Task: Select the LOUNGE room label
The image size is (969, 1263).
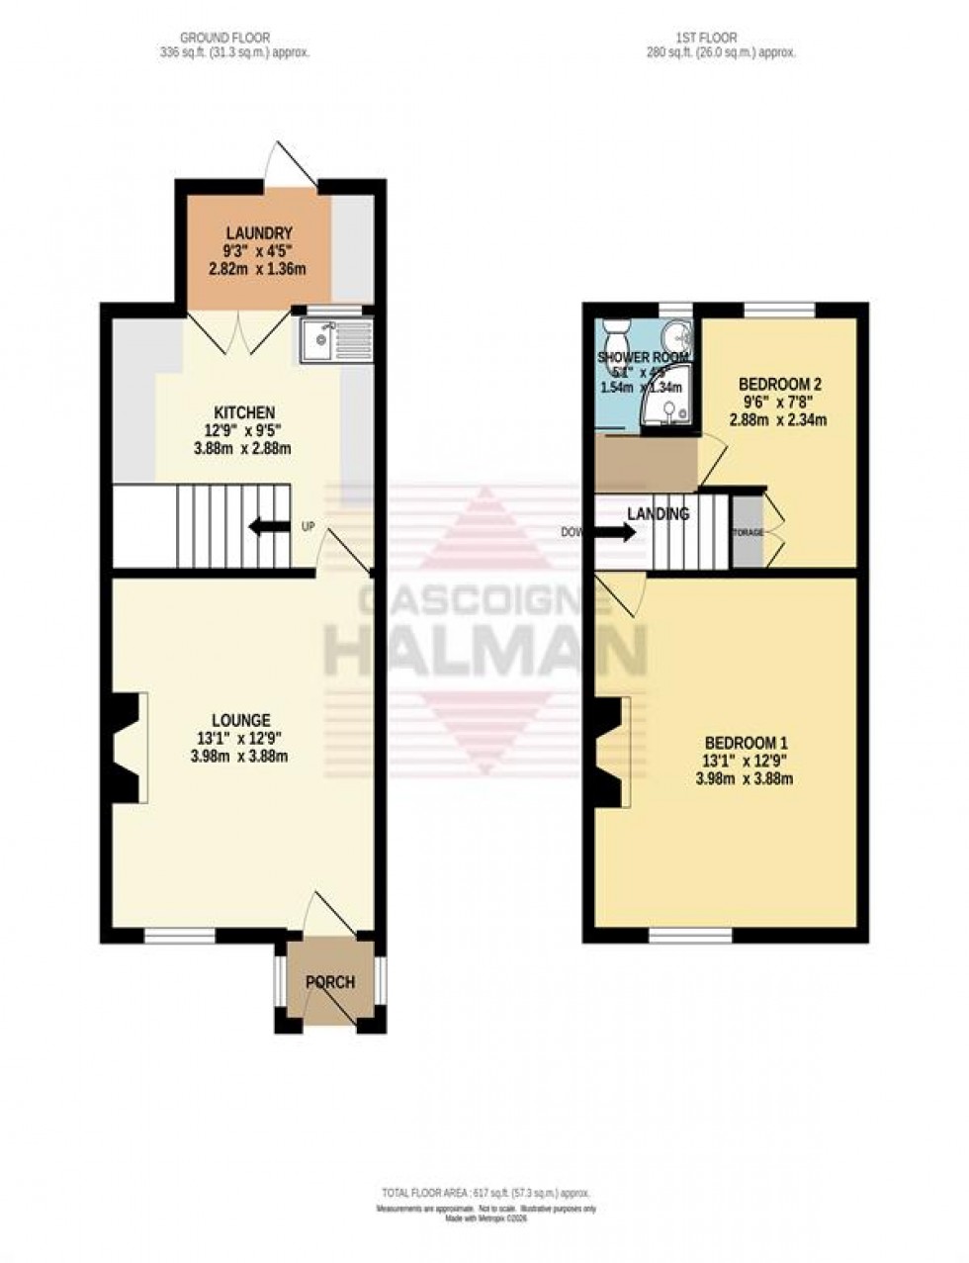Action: [x=240, y=720]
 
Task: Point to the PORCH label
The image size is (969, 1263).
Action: [x=329, y=982]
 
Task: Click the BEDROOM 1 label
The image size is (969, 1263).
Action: [x=746, y=743]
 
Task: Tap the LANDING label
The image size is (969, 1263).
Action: [x=658, y=514]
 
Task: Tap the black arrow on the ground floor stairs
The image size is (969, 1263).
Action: [x=264, y=527]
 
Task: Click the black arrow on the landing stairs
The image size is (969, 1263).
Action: [x=618, y=533]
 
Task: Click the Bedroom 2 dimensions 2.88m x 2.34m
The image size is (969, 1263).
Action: [x=778, y=420]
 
